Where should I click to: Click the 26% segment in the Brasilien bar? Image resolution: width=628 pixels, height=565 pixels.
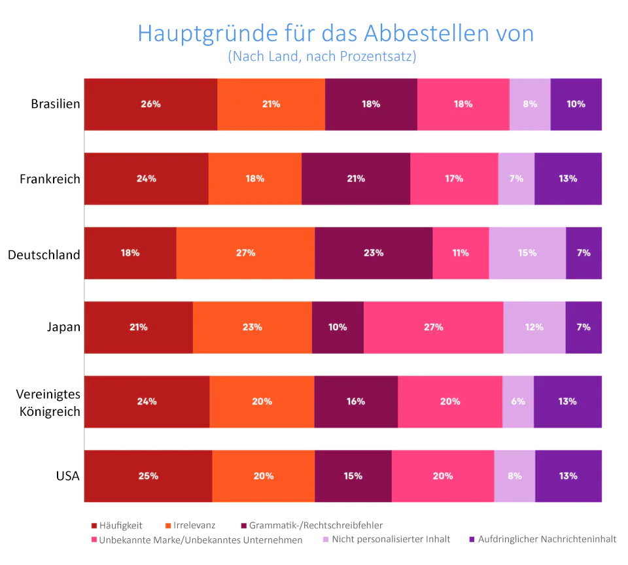[x=150, y=104]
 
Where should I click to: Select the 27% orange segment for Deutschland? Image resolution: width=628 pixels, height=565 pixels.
[x=245, y=252]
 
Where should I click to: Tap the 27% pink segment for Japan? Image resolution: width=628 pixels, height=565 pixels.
[x=433, y=327]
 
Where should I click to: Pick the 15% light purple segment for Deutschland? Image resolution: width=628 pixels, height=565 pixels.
[x=527, y=252]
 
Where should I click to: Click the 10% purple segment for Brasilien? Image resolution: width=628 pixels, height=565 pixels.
[x=576, y=104]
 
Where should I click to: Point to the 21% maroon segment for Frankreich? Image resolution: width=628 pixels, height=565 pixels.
[x=356, y=179]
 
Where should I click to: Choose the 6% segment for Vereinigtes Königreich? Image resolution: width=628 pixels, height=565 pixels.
[x=517, y=402]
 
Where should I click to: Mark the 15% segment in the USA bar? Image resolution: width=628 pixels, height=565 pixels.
[x=353, y=476]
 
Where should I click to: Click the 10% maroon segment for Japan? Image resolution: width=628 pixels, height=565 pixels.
[x=338, y=327]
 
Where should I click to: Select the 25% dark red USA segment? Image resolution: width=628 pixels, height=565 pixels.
[x=148, y=476]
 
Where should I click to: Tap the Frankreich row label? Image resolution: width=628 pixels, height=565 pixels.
[x=50, y=179]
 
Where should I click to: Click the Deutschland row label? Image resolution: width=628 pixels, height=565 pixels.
[x=44, y=254]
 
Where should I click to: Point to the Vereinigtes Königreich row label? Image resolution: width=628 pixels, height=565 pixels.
[x=48, y=402]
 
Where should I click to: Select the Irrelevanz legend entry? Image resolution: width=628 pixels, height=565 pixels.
[x=194, y=525]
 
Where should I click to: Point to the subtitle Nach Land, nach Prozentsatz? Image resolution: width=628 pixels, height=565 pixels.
[x=322, y=56]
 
